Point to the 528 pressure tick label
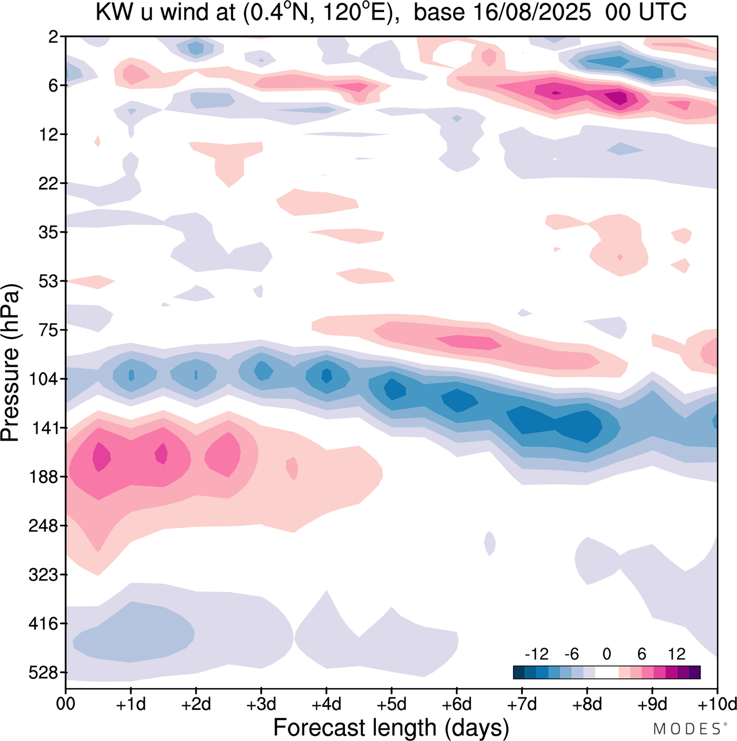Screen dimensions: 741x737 coord(43,672)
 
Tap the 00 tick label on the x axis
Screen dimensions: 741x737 coord(66,704)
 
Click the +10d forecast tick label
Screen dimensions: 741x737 coord(716,704)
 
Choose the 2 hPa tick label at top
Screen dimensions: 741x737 coord(54,37)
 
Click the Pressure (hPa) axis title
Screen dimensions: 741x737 coord(10,363)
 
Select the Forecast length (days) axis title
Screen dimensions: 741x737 coord(391,728)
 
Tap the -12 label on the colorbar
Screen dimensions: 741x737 coord(536,654)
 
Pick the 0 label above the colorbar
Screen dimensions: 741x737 coord(606,654)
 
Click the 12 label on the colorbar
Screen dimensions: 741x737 coord(677,654)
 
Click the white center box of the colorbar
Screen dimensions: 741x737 coord(606,672)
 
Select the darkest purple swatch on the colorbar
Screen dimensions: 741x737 coord(694,672)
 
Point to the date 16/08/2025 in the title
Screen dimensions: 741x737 coord(502,13)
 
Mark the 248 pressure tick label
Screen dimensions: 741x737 coord(43,525)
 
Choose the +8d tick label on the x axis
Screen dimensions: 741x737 coord(587,704)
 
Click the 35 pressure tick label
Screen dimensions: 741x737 coord(48,232)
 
